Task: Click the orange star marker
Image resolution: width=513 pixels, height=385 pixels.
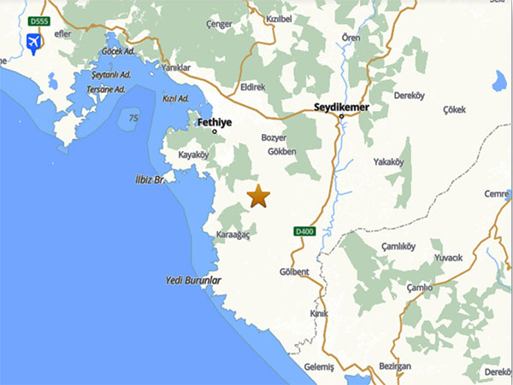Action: pyautogui.click(x=258, y=196)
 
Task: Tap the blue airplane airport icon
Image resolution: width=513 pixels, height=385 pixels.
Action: pyautogui.click(x=35, y=42)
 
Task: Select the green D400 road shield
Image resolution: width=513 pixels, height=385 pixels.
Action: pyautogui.click(x=304, y=231)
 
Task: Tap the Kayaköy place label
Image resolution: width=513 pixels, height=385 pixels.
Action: pyautogui.click(x=193, y=155)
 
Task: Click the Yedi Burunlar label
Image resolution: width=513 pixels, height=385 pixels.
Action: pyautogui.click(x=193, y=280)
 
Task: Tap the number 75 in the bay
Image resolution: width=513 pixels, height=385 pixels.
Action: pyautogui.click(x=133, y=118)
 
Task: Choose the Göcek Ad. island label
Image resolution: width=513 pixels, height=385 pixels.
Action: pyautogui.click(x=118, y=51)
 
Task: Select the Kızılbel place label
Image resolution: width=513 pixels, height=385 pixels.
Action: pyautogui.click(x=280, y=18)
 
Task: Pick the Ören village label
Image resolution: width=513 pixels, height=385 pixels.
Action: pyautogui.click(x=351, y=38)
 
